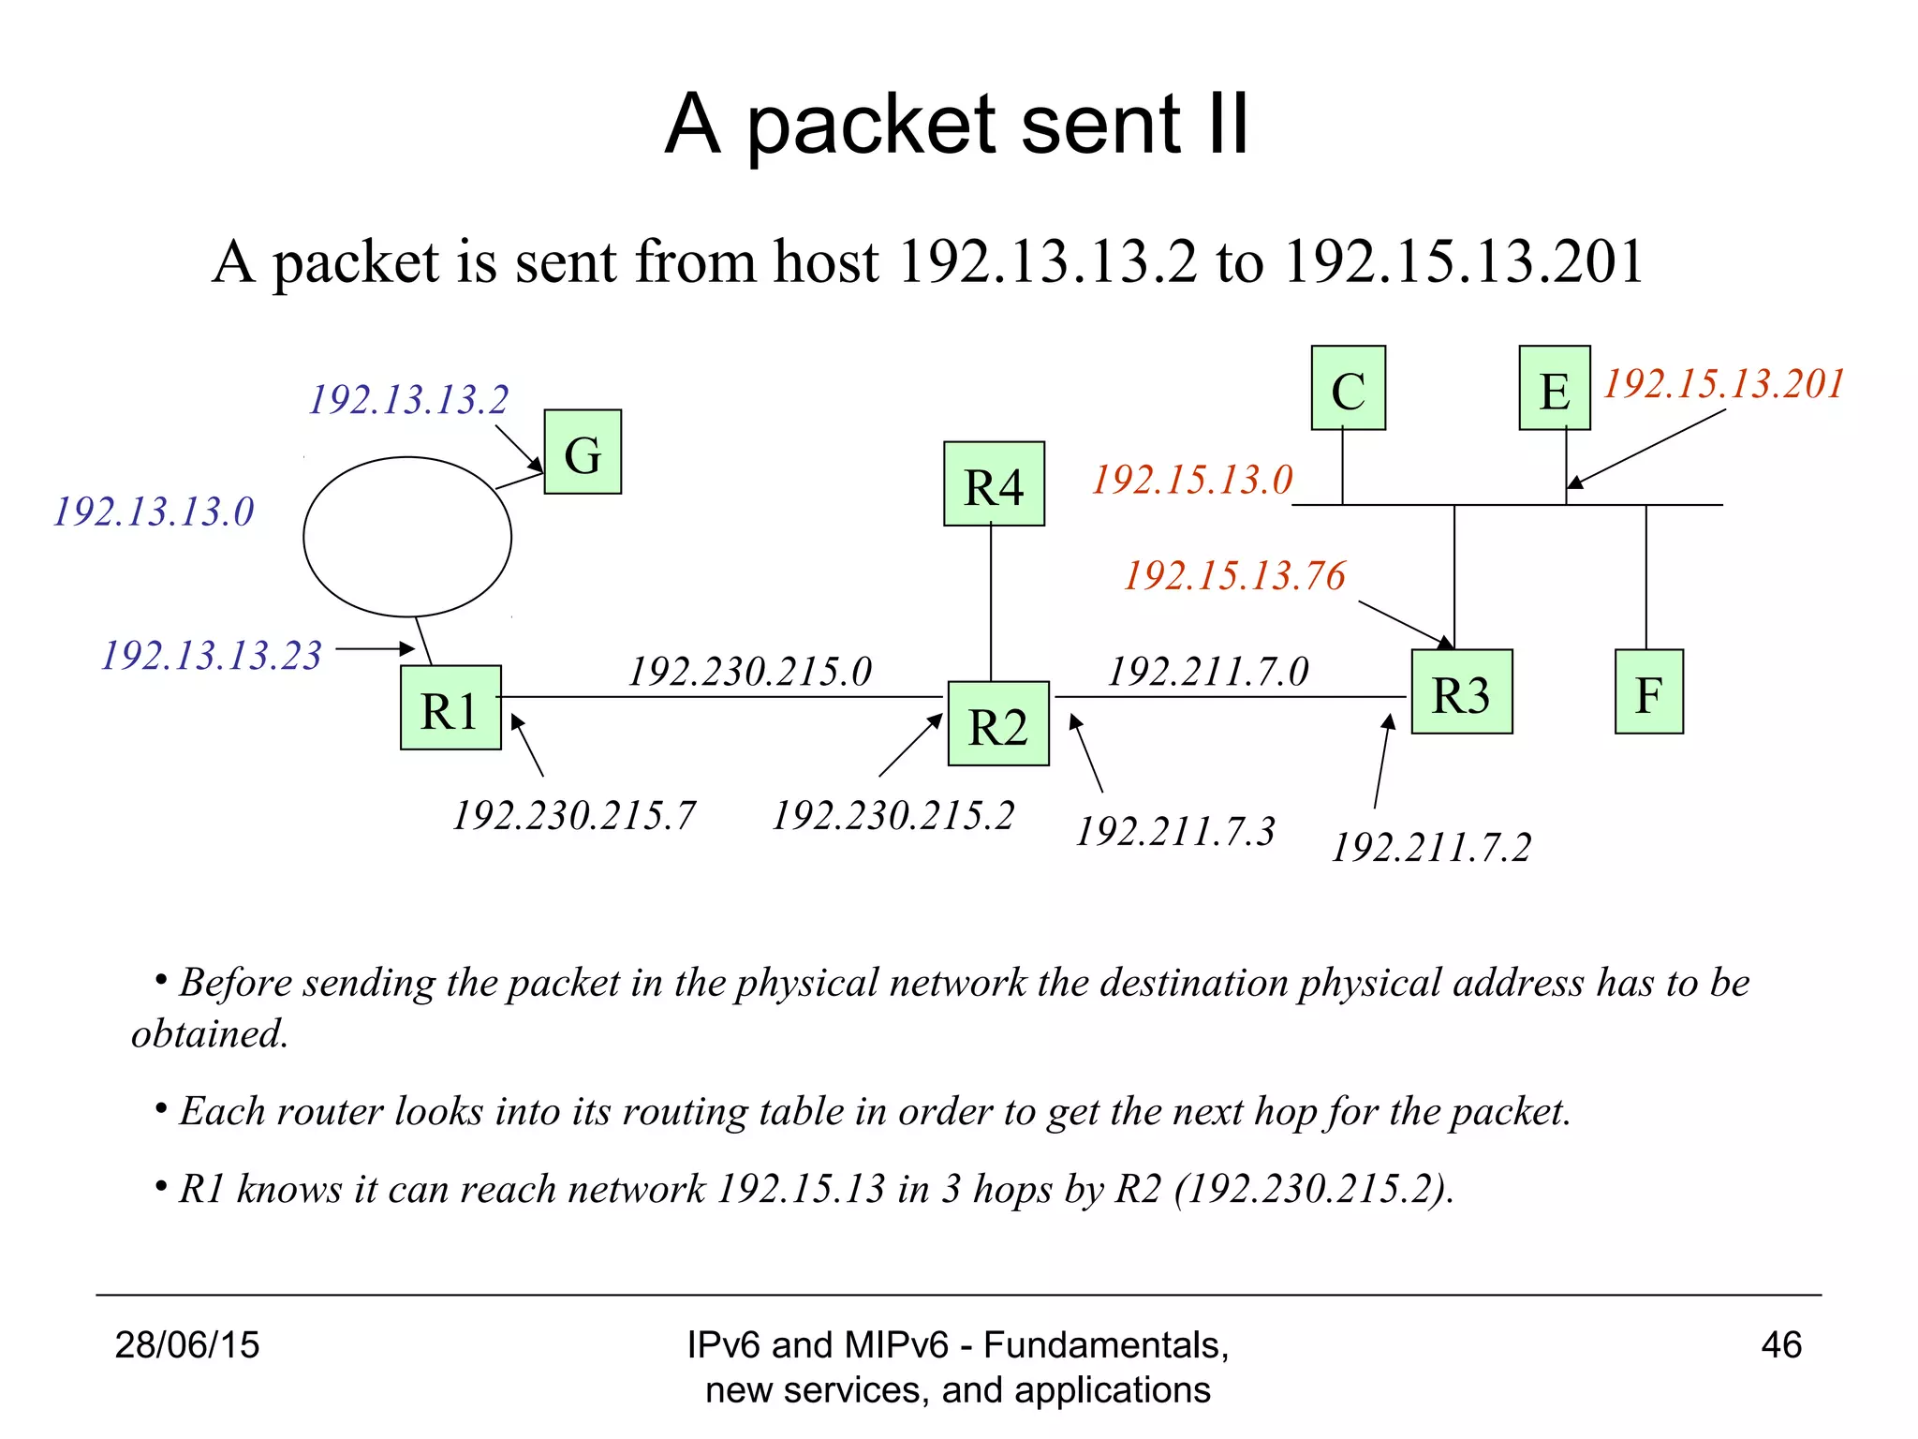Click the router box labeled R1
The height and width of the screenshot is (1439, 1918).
pos(450,707)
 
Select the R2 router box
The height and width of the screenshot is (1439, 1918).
pos(998,723)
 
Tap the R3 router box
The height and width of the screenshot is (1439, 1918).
pos(1461,691)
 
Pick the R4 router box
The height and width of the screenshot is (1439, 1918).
pos(994,483)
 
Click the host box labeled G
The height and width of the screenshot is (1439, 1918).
pos(583,452)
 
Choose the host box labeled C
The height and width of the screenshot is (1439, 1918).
pos(1348,388)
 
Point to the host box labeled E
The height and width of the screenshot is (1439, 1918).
pos(1554,388)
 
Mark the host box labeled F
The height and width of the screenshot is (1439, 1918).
pos(1648,691)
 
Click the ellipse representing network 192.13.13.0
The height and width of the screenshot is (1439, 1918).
pos(407,537)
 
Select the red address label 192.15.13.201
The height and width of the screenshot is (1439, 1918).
pos(1723,384)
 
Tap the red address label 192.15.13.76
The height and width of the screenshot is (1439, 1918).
pos(1234,575)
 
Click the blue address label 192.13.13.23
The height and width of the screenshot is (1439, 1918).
pos(212,655)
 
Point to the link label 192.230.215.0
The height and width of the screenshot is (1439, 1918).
pos(749,671)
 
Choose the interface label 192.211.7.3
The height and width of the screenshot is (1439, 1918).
pos(1175,831)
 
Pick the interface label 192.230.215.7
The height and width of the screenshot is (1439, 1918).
pos(574,815)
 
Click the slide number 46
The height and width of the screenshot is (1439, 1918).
pos(1780,1344)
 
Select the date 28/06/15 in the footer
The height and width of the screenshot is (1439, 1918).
pos(187,1344)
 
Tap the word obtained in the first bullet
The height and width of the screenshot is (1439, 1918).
pos(209,1034)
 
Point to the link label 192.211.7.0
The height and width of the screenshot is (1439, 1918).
pos(1208,671)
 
